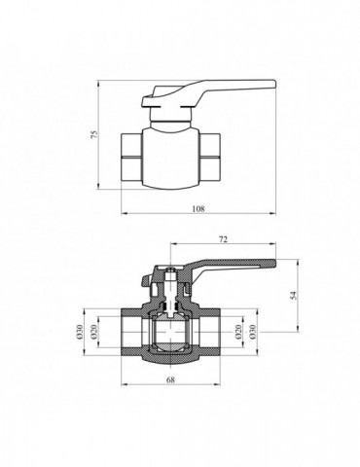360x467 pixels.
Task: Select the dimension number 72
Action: pyautogui.click(x=223, y=238)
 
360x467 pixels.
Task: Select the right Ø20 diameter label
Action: pyautogui.click(x=239, y=334)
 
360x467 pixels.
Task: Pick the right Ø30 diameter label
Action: pyautogui.click(x=253, y=334)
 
